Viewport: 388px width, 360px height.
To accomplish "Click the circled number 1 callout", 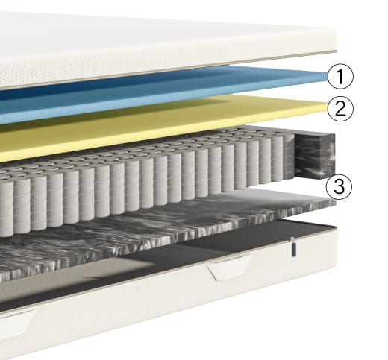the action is tap(340, 76).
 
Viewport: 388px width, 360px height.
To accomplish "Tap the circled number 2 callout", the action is tap(340, 109).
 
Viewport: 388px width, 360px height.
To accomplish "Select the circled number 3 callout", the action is tap(339, 186).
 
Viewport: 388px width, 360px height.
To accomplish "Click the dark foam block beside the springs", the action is tap(315, 156).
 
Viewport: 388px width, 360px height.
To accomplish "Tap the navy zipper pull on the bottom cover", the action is tap(294, 247).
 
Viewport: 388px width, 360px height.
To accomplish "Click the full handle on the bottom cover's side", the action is tap(229, 268).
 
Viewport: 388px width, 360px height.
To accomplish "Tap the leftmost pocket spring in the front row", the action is tap(6, 208).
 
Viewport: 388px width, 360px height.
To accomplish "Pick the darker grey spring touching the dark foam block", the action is tap(289, 157).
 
